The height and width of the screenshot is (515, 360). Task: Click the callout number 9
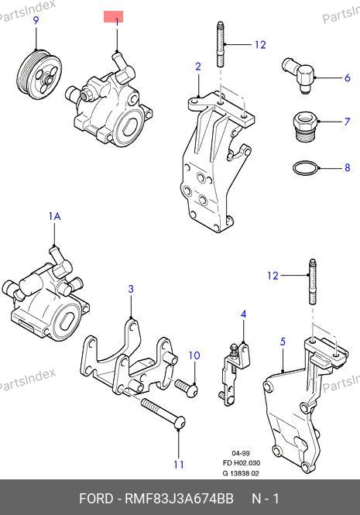click(x=36, y=20)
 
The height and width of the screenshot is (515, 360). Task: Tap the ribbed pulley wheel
click(x=39, y=75)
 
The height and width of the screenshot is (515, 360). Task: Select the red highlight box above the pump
click(x=113, y=17)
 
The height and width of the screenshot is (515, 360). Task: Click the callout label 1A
click(x=54, y=216)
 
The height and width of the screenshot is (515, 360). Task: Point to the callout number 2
click(x=197, y=67)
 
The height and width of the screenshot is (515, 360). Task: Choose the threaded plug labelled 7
click(x=305, y=126)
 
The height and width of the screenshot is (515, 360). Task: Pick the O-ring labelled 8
click(x=306, y=168)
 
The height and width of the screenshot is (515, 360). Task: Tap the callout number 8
click(x=347, y=168)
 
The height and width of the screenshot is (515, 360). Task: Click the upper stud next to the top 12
click(x=221, y=44)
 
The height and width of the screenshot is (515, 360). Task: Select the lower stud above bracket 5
click(x=312, y=282)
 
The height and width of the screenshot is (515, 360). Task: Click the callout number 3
click(x=131, y=289)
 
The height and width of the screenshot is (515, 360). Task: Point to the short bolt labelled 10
click(x=187, y=386)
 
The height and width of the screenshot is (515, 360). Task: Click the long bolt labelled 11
click(x=163, y=413)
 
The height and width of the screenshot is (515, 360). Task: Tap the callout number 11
click(x=179, y=465)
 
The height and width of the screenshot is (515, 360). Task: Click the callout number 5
click(x=283, y=342)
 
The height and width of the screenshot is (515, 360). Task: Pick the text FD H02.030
click(x=242, y=463)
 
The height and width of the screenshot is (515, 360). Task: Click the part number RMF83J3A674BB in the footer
click(x=179, y=498)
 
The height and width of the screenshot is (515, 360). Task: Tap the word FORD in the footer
click(x=95, y=498)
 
